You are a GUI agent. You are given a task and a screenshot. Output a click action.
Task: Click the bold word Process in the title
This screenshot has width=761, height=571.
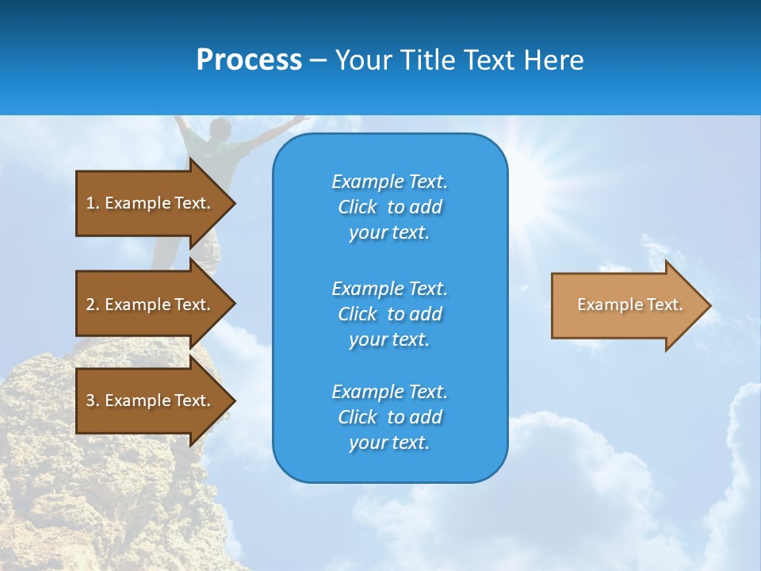tap(249, 60)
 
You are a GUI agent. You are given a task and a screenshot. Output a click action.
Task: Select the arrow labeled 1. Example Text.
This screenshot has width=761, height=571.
tap(151, 203)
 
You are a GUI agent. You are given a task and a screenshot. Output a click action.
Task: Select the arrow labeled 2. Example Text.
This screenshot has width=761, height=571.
tap(151, 305)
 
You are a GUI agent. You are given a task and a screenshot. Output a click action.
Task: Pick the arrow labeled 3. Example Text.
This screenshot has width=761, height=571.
tap(151, 400)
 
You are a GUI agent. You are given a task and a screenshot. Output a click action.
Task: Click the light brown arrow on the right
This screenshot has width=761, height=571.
tap(626, 305)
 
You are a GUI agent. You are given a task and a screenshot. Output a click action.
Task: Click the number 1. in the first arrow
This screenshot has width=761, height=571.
tap(92, 203)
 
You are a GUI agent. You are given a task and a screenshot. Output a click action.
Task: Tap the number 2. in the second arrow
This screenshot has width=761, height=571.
tap(92, 305)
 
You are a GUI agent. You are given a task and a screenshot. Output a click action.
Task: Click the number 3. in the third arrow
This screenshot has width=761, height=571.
tap(92, 400)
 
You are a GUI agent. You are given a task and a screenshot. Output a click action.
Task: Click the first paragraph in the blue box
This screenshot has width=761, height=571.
tap(389, 207)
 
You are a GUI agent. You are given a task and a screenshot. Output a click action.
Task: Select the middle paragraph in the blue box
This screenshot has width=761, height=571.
tap(389, 314)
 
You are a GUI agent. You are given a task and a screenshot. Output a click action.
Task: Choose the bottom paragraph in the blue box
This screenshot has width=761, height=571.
tap(389, 417)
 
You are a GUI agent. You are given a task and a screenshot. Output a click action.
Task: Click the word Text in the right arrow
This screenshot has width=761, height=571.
tap(665, 305)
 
